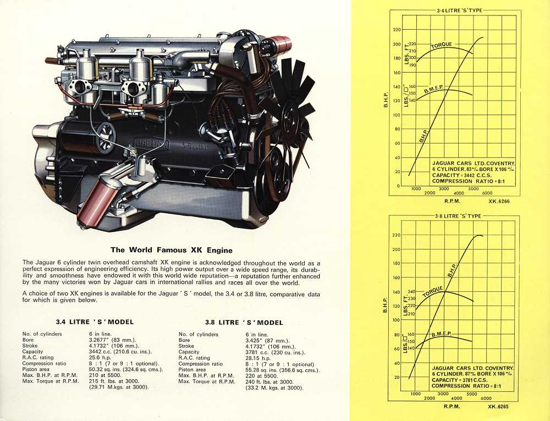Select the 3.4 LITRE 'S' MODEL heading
tap(95, 322)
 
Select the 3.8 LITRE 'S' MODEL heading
tap(244, 322)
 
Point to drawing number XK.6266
tap(501, 201)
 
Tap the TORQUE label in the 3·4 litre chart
tap(442, 45)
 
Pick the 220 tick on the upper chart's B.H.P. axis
tap(397, 30)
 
